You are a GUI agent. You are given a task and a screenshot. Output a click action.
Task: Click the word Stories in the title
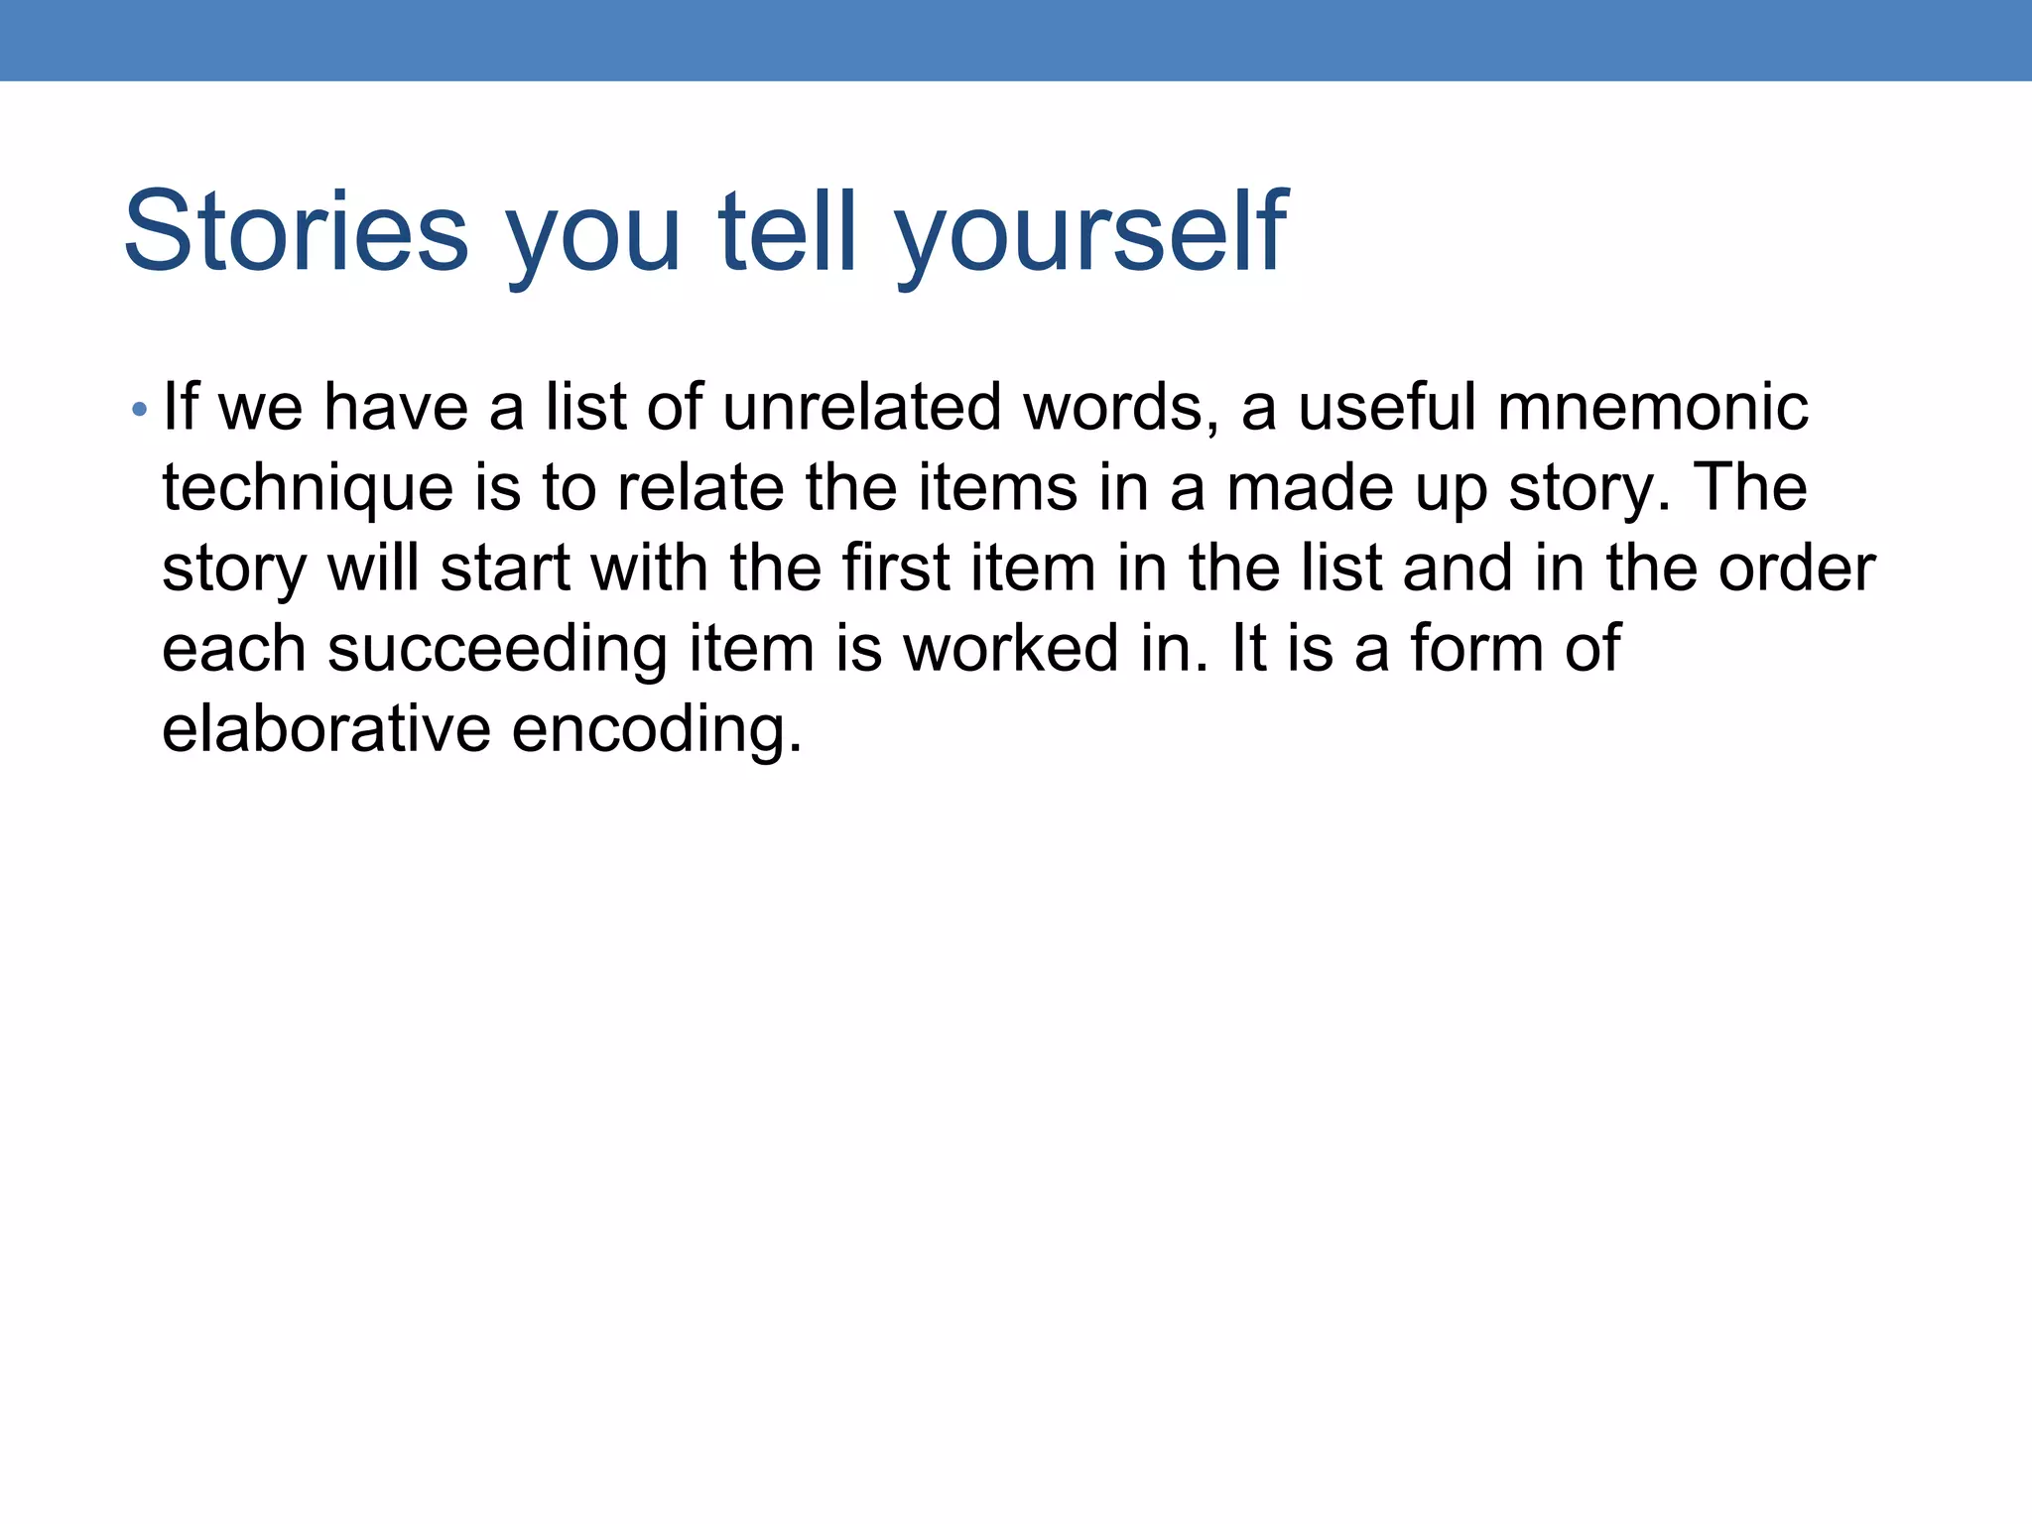click(x=296, y=232)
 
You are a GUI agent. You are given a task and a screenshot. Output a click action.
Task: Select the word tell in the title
click(x=786, y=232)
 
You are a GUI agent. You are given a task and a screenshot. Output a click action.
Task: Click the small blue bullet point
click(x=140, y=409)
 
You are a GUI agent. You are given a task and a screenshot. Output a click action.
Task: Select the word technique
click(x=308, y=488)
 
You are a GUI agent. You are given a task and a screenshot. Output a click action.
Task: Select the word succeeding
click(x=497, y=650)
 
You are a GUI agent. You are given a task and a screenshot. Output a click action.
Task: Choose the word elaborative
click(x=325, y=729)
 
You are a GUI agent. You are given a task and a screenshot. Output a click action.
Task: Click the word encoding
click(x=656, y=731)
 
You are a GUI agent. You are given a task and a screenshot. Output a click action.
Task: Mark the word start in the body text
click(x=504, y=569)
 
